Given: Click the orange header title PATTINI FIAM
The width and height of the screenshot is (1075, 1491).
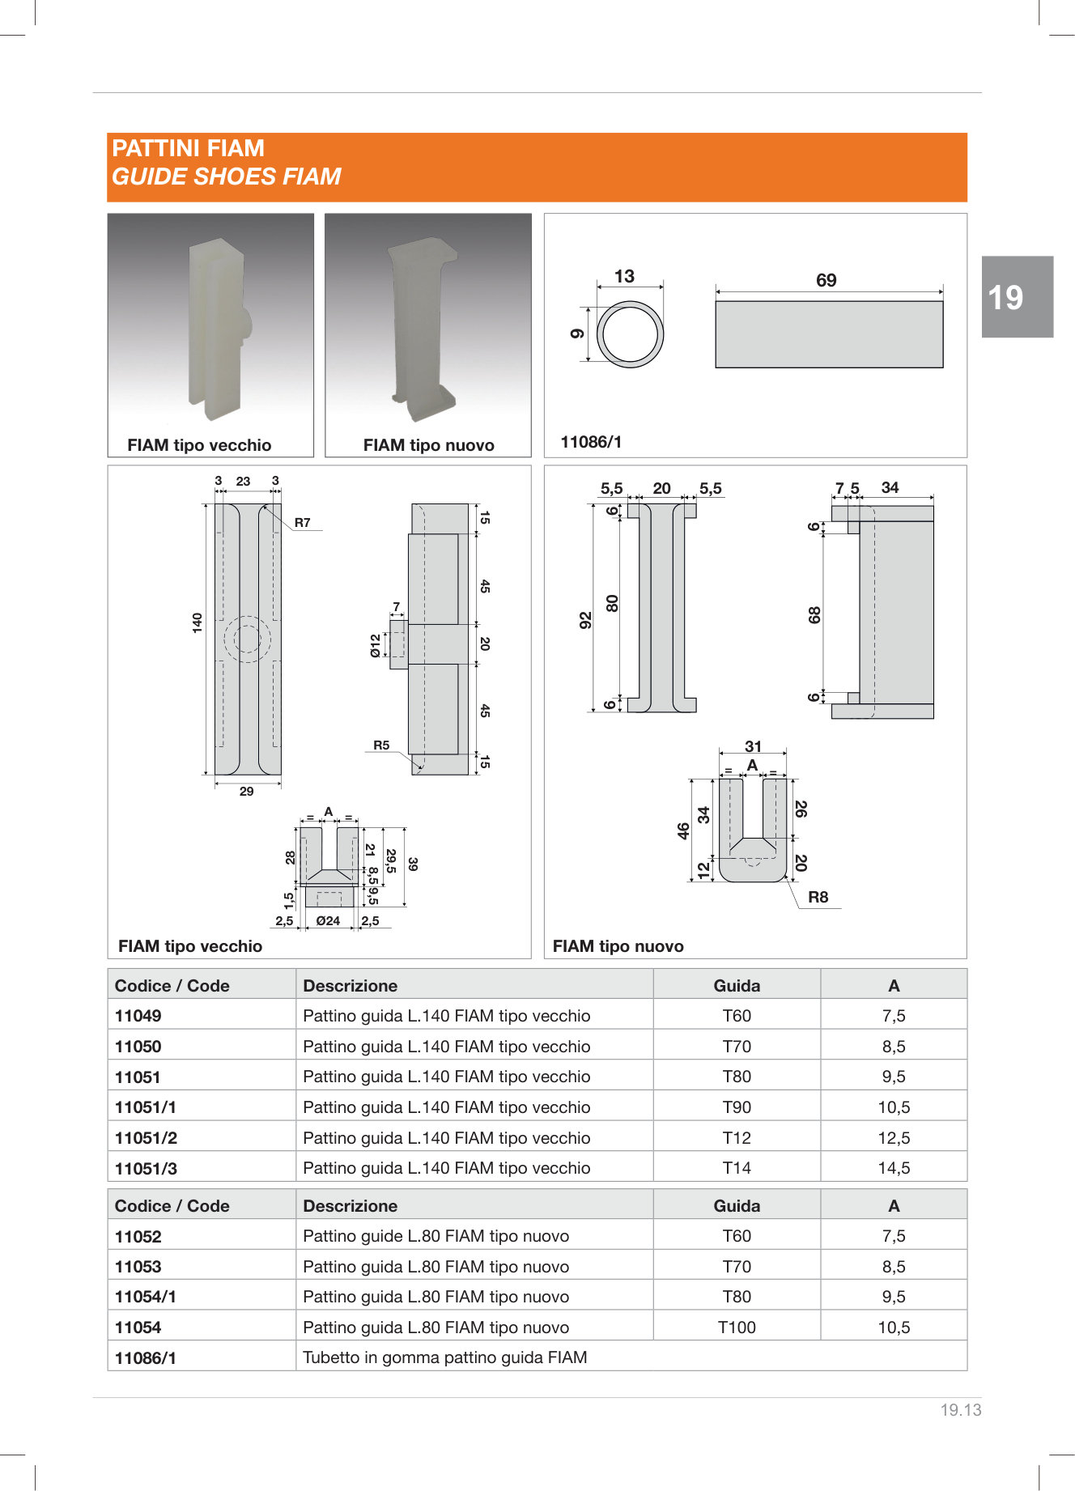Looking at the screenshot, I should click(188, 148).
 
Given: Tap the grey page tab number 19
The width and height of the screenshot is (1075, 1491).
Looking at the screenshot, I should click(1005, 298).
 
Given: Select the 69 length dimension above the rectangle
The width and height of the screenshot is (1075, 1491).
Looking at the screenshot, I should click(826, 280).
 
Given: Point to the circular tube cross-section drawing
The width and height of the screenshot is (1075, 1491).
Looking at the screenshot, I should click(630, 333).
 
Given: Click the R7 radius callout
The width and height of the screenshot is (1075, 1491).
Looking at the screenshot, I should click(302, 523).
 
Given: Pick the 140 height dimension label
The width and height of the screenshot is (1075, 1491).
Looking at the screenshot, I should click(197, 622).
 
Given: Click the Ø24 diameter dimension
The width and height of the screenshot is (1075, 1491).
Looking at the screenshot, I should click(328, 921).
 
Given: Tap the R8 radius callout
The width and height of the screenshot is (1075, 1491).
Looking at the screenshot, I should click(818, 897).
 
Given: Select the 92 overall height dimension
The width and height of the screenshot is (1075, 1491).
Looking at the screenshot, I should click(585, 620).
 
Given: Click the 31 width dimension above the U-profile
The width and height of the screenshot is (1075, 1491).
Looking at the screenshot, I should click(753, 746).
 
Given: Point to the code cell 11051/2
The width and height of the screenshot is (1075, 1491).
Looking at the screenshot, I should click(146, 1138).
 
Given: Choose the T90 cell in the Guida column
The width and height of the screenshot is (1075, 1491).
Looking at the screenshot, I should click(737, 1107).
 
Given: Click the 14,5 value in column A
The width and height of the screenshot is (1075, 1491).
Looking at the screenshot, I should click(894, 1168).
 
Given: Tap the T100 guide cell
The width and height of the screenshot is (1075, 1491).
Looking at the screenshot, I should click(737, 1327).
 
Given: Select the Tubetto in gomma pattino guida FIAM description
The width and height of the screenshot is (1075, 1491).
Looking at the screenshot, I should click(444, 1357).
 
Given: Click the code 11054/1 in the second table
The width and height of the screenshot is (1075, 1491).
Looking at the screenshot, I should click(146, 1297).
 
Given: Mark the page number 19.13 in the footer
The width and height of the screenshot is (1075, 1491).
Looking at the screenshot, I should click(960, 1410).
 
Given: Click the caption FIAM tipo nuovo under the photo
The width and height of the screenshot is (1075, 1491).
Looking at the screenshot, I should click(428, 445).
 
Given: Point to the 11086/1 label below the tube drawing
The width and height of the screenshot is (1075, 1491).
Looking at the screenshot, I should click(591, 442).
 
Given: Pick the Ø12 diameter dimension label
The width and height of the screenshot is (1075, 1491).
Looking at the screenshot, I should click(376, 646).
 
